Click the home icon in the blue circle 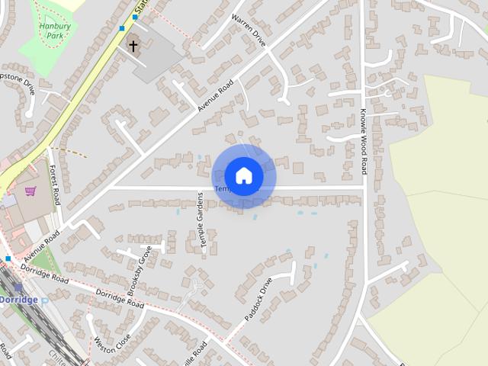click(243, 175)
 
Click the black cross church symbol click(133, 46)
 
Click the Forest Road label click(54, 185)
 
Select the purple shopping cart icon click(30, 191)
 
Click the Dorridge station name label click(18, 300)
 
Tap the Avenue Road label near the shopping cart click(41, 246)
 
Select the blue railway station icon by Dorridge click(18, 287)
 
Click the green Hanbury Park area click(46, 42)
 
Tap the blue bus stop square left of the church click(122, 28)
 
